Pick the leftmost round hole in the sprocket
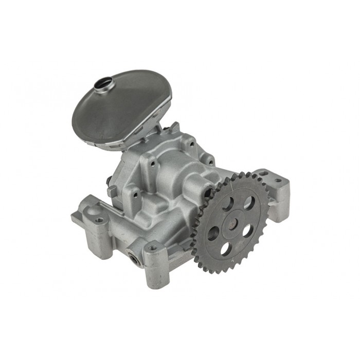pos(211,232)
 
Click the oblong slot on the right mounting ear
pos(263,173)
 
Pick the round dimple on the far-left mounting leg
pos(99,221)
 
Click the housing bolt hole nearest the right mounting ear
pos(210,160)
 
